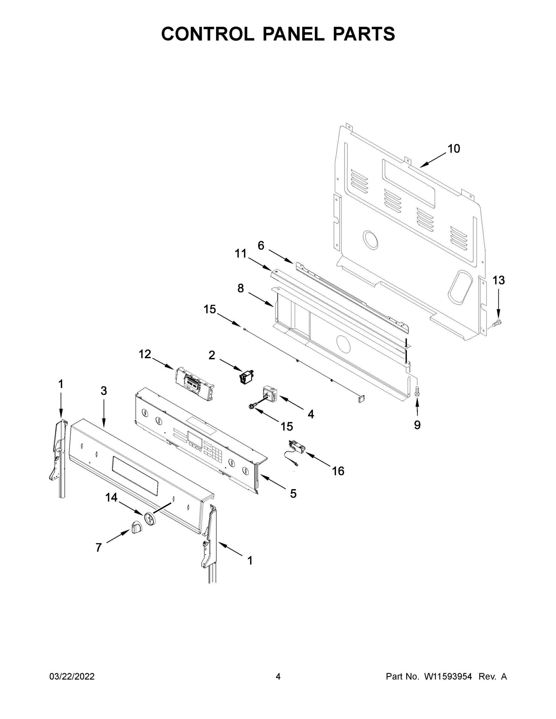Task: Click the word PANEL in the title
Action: coord(293,34)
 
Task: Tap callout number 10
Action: coord(453,149)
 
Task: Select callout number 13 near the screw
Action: coord(498,280)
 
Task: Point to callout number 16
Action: coord(338,471)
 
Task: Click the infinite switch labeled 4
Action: coord(270,394)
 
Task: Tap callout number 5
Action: coord(293,493)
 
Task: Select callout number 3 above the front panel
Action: coord(104,391)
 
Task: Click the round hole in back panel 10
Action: coord(370,240)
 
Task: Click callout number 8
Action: coord(241,288)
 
